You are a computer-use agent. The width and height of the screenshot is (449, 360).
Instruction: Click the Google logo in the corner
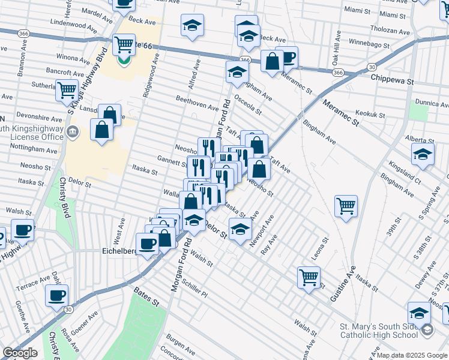click(x=20, y=353)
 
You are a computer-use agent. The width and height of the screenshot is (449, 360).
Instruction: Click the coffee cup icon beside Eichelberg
click(x=147, y=244)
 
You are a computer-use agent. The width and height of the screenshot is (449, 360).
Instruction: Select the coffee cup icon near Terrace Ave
click(x=56, y=295)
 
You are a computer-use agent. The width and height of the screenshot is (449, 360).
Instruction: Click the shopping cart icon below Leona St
click(x=309, y=277)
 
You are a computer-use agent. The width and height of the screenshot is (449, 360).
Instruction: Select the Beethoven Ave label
click(x=197, y=103)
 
